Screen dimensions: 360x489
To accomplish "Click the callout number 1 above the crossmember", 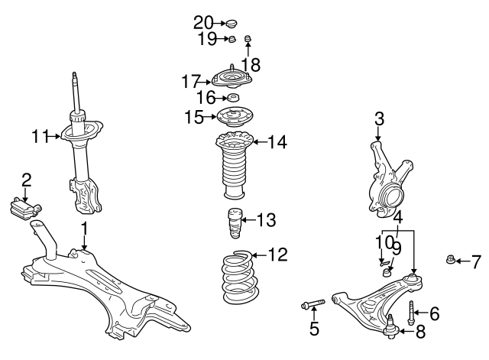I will [x=85, y=228].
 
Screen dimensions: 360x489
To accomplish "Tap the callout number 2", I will [x=26, y=180].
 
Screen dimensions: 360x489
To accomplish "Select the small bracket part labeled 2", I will [x=28, y=207].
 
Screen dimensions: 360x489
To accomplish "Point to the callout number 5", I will [x=313, y=330].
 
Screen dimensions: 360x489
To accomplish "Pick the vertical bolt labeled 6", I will [x=413, y=312].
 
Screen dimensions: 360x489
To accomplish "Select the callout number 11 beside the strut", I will [x=40, y=137].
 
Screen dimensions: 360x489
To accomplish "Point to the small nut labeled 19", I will [x=231, y=40].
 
